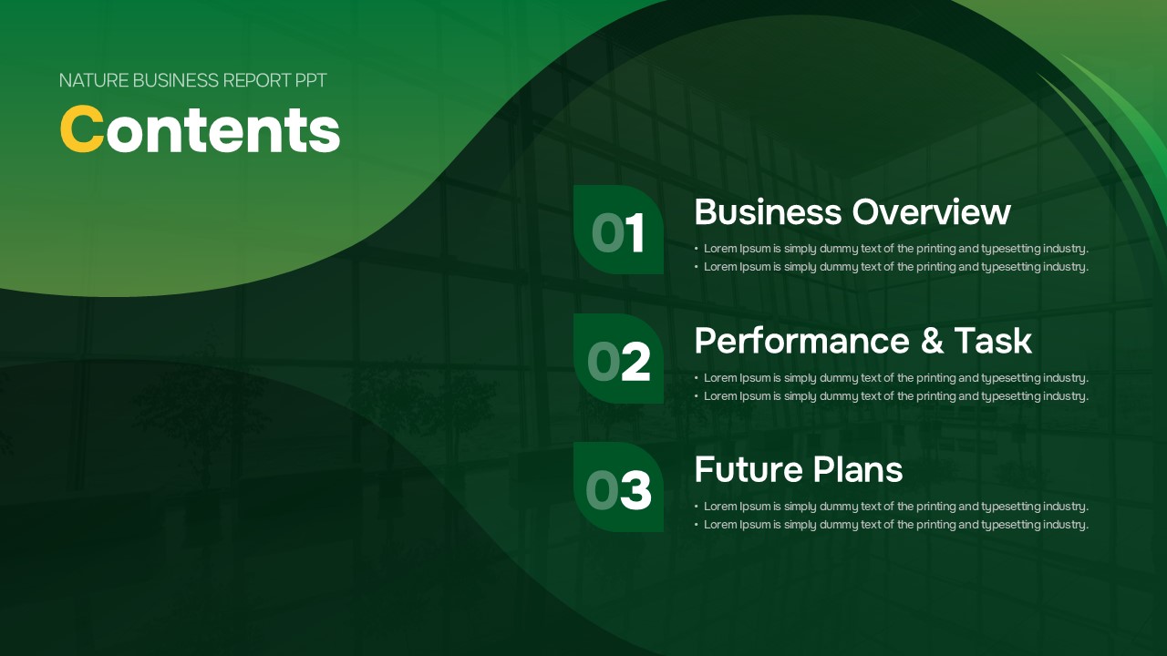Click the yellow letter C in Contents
[82, 129]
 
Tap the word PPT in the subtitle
[311, 81]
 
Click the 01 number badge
[618, 230]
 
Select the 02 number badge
[618, 358]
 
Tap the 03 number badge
[618, 487]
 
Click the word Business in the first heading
[769, 212]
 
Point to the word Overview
[932, 212]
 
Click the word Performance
[802, 341]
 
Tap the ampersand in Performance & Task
[932, 341]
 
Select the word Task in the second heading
[993, 341]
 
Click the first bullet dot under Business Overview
[696, 249]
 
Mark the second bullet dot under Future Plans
[696, 525]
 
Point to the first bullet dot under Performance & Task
[696, 378]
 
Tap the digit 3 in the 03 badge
[636, 490]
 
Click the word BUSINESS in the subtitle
[176, 81]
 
